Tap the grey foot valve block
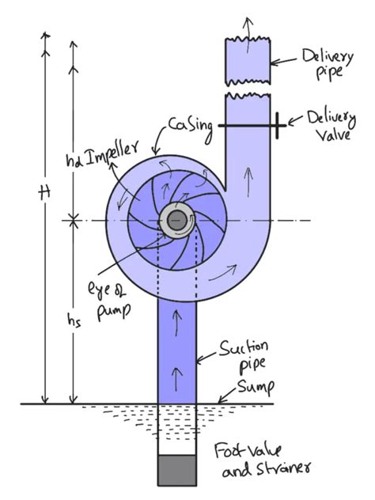coord(177,470)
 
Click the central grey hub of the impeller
coord(176,220)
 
